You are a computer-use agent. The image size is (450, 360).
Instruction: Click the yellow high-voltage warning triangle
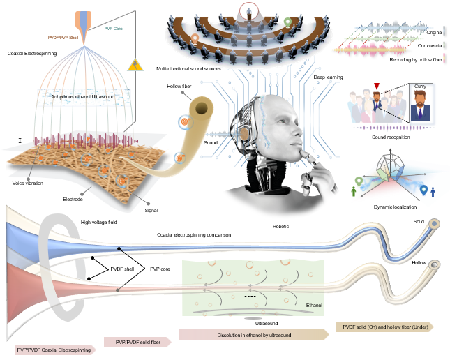135,66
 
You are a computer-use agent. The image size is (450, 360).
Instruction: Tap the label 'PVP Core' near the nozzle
113,29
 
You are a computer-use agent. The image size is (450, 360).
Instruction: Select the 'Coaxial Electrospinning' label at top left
32,54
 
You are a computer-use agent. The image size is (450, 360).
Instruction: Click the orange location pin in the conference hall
195,39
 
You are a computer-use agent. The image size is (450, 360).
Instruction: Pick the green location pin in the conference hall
287,22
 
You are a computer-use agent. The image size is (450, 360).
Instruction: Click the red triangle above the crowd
377,86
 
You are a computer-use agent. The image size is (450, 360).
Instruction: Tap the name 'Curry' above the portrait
420,86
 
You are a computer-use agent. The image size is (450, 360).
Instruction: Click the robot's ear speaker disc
244,134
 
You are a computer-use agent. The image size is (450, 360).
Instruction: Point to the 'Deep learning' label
328,77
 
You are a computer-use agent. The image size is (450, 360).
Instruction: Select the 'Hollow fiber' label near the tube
179,86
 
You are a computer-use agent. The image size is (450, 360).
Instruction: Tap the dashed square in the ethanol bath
250,287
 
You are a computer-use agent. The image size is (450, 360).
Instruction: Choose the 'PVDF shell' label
122,269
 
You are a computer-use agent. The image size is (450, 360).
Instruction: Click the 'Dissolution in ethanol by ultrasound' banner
254,335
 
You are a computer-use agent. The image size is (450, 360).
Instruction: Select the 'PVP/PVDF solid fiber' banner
137,342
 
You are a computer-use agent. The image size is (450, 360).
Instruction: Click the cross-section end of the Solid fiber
434,224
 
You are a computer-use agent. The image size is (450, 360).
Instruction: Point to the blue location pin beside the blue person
423,190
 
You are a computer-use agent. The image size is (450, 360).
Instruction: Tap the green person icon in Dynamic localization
354,191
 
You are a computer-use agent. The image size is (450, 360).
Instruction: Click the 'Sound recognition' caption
391,137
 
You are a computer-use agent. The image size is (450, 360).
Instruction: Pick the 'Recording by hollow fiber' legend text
416,60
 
